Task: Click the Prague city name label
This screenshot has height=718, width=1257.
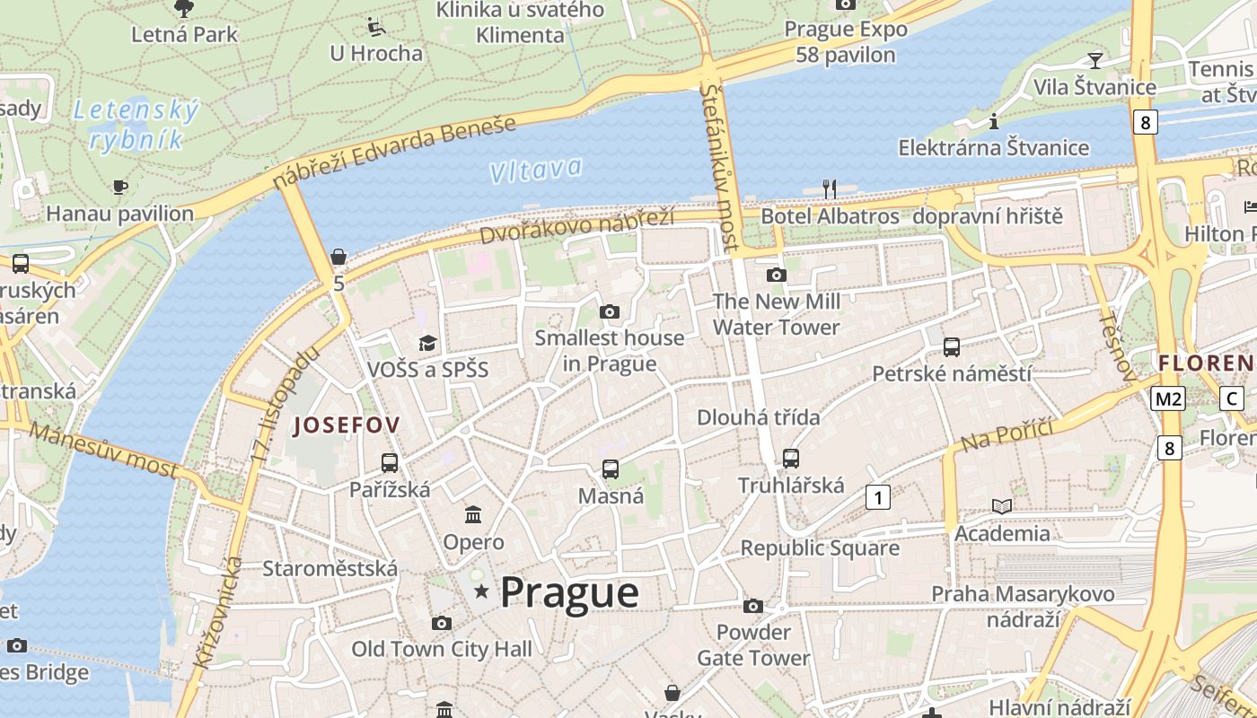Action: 569,592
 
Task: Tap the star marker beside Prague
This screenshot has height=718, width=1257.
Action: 481,591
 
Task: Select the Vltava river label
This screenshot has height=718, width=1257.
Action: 536,170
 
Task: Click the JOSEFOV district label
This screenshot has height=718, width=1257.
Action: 347,425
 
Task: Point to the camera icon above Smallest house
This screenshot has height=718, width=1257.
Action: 610,311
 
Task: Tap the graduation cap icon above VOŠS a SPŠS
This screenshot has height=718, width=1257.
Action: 427,343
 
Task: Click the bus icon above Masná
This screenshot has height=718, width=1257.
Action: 611,468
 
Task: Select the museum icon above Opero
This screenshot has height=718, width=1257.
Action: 473,515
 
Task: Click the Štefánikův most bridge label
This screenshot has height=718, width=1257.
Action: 723,167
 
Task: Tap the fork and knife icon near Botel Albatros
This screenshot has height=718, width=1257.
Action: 830,188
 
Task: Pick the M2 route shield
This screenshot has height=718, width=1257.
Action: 1168,398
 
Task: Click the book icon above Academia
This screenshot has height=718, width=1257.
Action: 1002,506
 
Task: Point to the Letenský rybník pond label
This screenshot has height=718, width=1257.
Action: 136,125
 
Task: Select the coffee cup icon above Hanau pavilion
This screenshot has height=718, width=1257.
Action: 119,187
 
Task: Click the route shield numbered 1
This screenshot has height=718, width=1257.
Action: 877,496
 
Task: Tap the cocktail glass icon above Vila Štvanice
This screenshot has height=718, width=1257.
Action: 1094,60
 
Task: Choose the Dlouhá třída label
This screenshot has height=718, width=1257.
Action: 759,417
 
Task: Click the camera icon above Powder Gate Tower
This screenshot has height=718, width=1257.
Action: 753,606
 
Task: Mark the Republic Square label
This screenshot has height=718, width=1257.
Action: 820,547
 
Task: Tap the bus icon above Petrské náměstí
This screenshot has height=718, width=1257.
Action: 952,346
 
